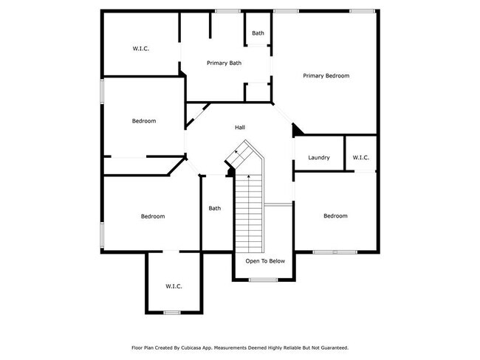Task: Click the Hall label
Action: click(x=240, y=128)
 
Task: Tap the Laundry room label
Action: click(x=319, y=158)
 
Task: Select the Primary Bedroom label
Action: click(x=326, y=76)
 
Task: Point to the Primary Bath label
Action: click(x=224, y=63)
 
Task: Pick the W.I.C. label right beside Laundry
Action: click(x=361, y=158)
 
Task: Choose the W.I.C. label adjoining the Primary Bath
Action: click(x=141, y=49)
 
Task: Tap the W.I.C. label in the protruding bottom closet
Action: click(x=174, y=286)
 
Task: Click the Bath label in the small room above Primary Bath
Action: click(x=258, y=33)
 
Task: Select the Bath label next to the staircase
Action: click(x=214, y=208)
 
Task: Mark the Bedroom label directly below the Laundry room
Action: click(x=335, y=216)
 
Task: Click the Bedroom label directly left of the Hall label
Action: click(x=144, y=121)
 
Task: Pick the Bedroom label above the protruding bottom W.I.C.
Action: click(x=153, y=216)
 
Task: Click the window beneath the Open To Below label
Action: click(x=262, y=280)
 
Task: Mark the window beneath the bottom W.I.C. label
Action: click(x=172, y=313)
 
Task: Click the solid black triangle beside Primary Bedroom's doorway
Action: click(x=297, y=131)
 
